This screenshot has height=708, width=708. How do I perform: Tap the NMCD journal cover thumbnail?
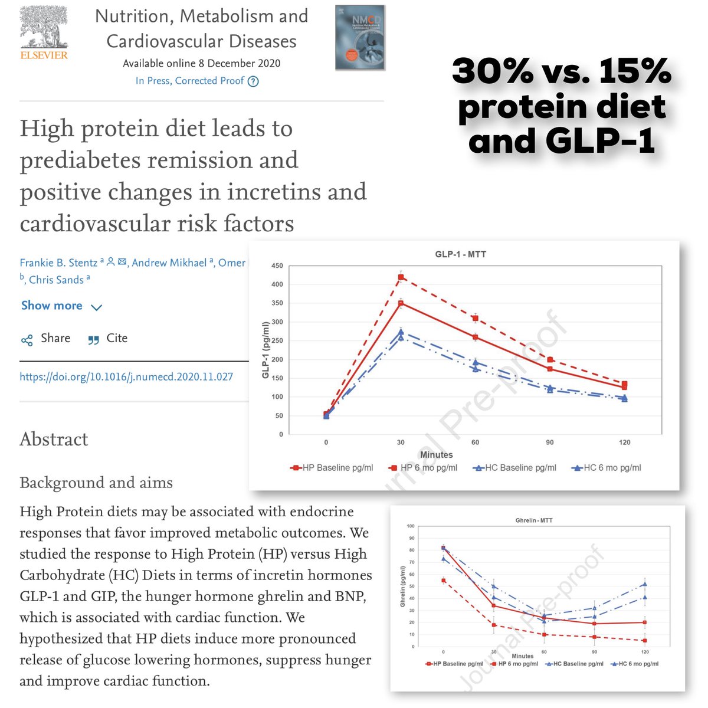[360, 38]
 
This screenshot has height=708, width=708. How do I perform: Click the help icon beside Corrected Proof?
[253, 81]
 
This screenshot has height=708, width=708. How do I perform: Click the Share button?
[46, 339]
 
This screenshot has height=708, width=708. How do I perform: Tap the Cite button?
[108, 339]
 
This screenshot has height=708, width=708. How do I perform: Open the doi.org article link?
[126, 376]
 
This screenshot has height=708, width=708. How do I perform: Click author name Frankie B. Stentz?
[59, 263]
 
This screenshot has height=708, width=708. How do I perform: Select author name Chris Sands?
[56, 280]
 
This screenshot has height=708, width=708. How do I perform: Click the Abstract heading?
[54, 440]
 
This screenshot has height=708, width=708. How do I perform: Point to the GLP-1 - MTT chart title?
[460, 254]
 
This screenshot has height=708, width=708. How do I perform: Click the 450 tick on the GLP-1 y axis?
[277, 266]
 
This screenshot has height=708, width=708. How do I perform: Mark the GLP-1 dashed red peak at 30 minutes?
[401, 277]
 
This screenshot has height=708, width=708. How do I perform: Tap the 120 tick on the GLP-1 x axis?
[624, 442]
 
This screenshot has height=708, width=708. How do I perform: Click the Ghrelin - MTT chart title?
[534, 520]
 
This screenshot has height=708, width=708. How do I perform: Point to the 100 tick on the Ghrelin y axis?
[411, 526]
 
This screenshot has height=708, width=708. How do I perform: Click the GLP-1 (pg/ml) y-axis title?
[265, 350]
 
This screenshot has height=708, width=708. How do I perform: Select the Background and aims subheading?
[96, 483]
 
